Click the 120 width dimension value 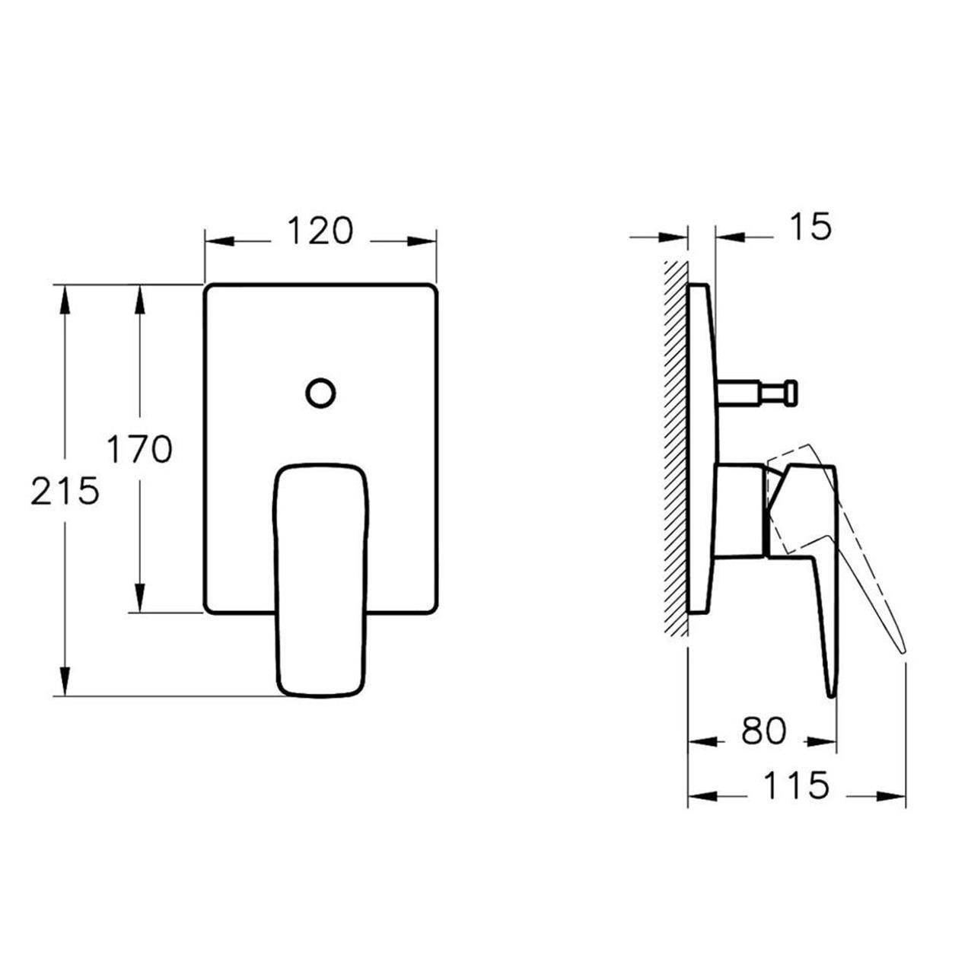point(320,231)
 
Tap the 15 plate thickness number point(811,227)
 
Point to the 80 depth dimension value point(763,732)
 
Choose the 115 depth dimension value point(797,786)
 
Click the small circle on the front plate point(320,393)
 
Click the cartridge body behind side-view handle point(738,508)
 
